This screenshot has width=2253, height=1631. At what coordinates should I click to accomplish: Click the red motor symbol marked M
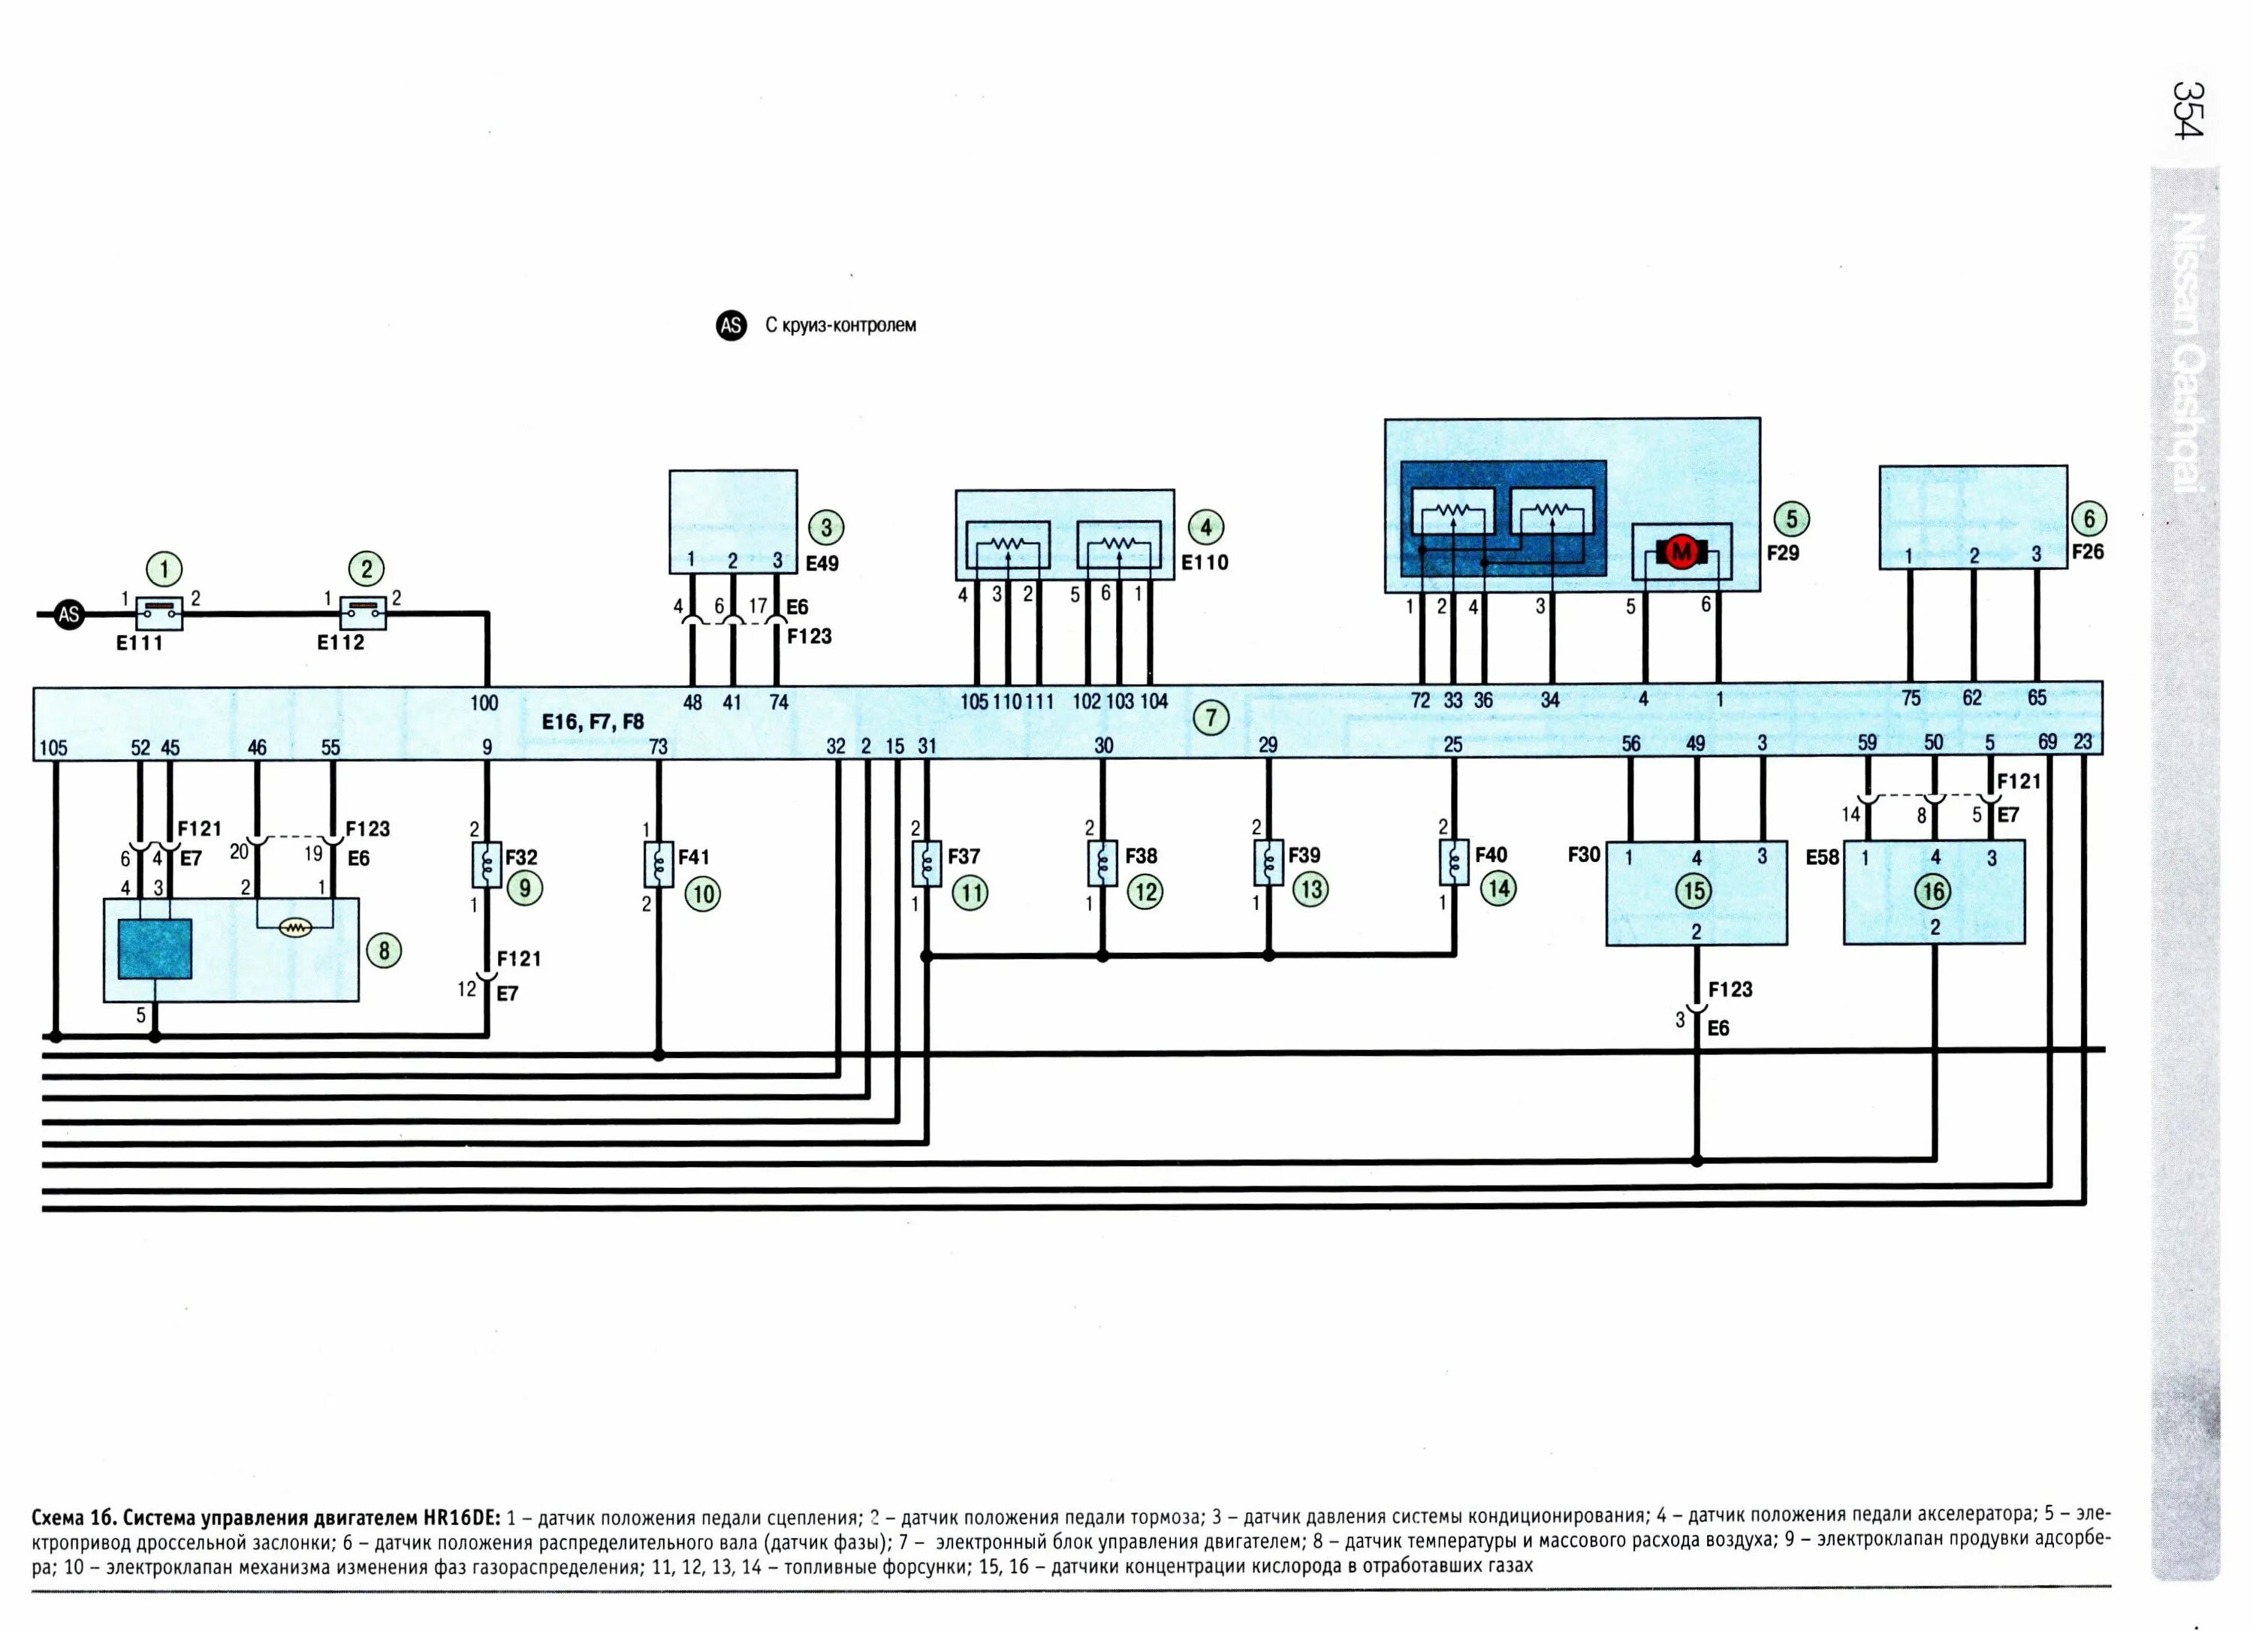tap(1681, 551)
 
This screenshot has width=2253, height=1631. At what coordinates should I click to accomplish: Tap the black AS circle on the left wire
tap(68, 615)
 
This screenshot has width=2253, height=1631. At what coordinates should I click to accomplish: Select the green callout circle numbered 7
tap(1211, 717)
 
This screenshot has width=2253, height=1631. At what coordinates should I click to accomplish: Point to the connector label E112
tap(341, 643)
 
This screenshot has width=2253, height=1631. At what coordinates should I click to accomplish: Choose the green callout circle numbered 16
tap(1933, 891)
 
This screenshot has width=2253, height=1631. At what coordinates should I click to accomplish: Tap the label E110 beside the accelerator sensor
tap(1205, 562)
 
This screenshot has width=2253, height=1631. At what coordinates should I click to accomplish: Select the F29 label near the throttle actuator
tap(1783, 552)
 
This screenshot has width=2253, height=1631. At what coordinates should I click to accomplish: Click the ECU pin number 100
tap(484, 704)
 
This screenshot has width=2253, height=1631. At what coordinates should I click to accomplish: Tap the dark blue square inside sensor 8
tap(155, 948)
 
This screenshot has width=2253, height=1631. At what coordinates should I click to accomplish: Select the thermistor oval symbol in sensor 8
tap(296, 927)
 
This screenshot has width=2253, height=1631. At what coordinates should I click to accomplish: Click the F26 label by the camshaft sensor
tap(2088, 551)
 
